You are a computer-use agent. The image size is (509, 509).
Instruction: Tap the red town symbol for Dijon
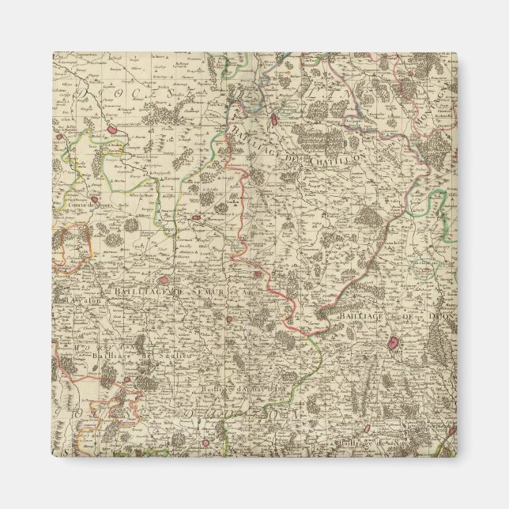pyautogui.click(x=394, y=344)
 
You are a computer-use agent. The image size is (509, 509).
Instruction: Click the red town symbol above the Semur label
pyautogui.click(x=164, y=278)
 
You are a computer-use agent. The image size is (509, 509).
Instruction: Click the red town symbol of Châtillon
pyautogui.click(x=273, y=121)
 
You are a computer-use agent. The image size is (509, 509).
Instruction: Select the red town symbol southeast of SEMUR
pyautogui.click(x=229, y=319)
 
